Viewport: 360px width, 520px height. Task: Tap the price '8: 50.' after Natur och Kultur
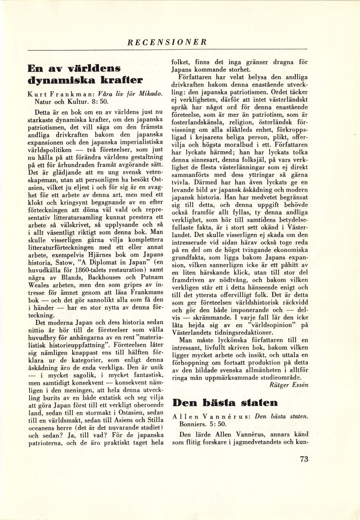point(95,103)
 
